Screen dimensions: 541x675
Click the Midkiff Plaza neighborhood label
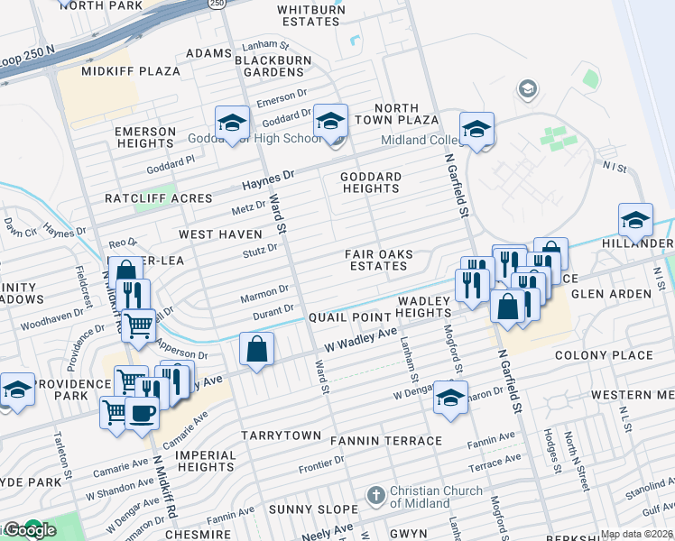click(x=118, y=70)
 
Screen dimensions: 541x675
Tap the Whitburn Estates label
click(x=311, y=15)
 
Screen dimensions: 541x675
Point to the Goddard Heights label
click(x=371, y=182)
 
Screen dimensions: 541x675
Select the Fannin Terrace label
click(x=386, y=441)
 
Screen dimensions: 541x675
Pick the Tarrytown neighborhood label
click(x=281, y=436)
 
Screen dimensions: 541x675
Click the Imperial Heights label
click(x=205, y=461)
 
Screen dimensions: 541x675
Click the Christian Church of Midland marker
click(x=376, y=496)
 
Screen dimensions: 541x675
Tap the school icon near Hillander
click(x=635, y=220)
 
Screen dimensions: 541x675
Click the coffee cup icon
click(x=142, y=413)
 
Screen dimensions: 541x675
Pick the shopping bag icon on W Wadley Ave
click(x=257, y=350)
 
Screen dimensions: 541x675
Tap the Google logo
click(x=29, y=530)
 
